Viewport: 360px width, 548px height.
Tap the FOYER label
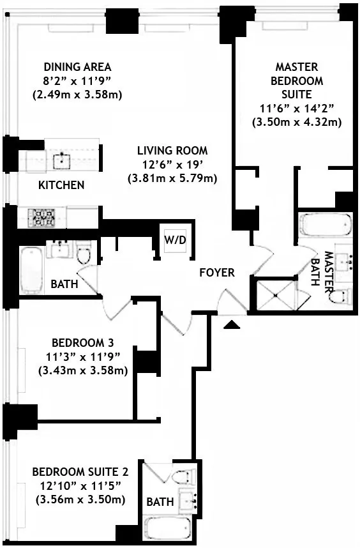(216, 273)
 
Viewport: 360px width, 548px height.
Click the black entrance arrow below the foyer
(232, 325)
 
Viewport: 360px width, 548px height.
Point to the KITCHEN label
(61, 185)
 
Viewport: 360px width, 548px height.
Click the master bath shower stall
(275, 295)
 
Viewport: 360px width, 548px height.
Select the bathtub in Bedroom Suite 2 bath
(169, 528)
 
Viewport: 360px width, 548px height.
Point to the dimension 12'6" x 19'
(172, 165)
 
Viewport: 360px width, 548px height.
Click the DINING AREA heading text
(77, 67)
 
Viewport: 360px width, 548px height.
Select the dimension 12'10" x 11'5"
(80, 485)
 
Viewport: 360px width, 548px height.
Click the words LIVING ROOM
(172, 151)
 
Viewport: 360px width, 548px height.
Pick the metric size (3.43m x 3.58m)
(83, 370)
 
